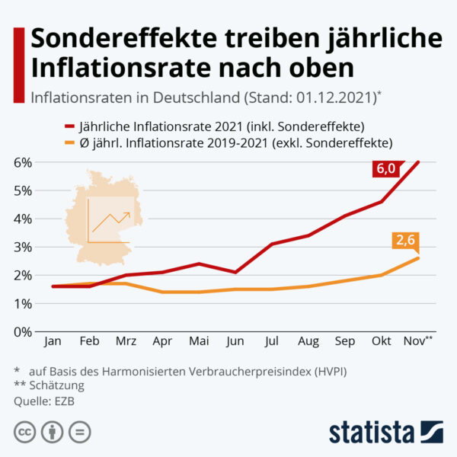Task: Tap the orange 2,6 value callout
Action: [x=404, y=241]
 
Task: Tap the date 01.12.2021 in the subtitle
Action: [x=340, y=97]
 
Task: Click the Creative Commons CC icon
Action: [x=25, y=432]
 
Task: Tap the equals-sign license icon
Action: [x=79, y=432]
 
